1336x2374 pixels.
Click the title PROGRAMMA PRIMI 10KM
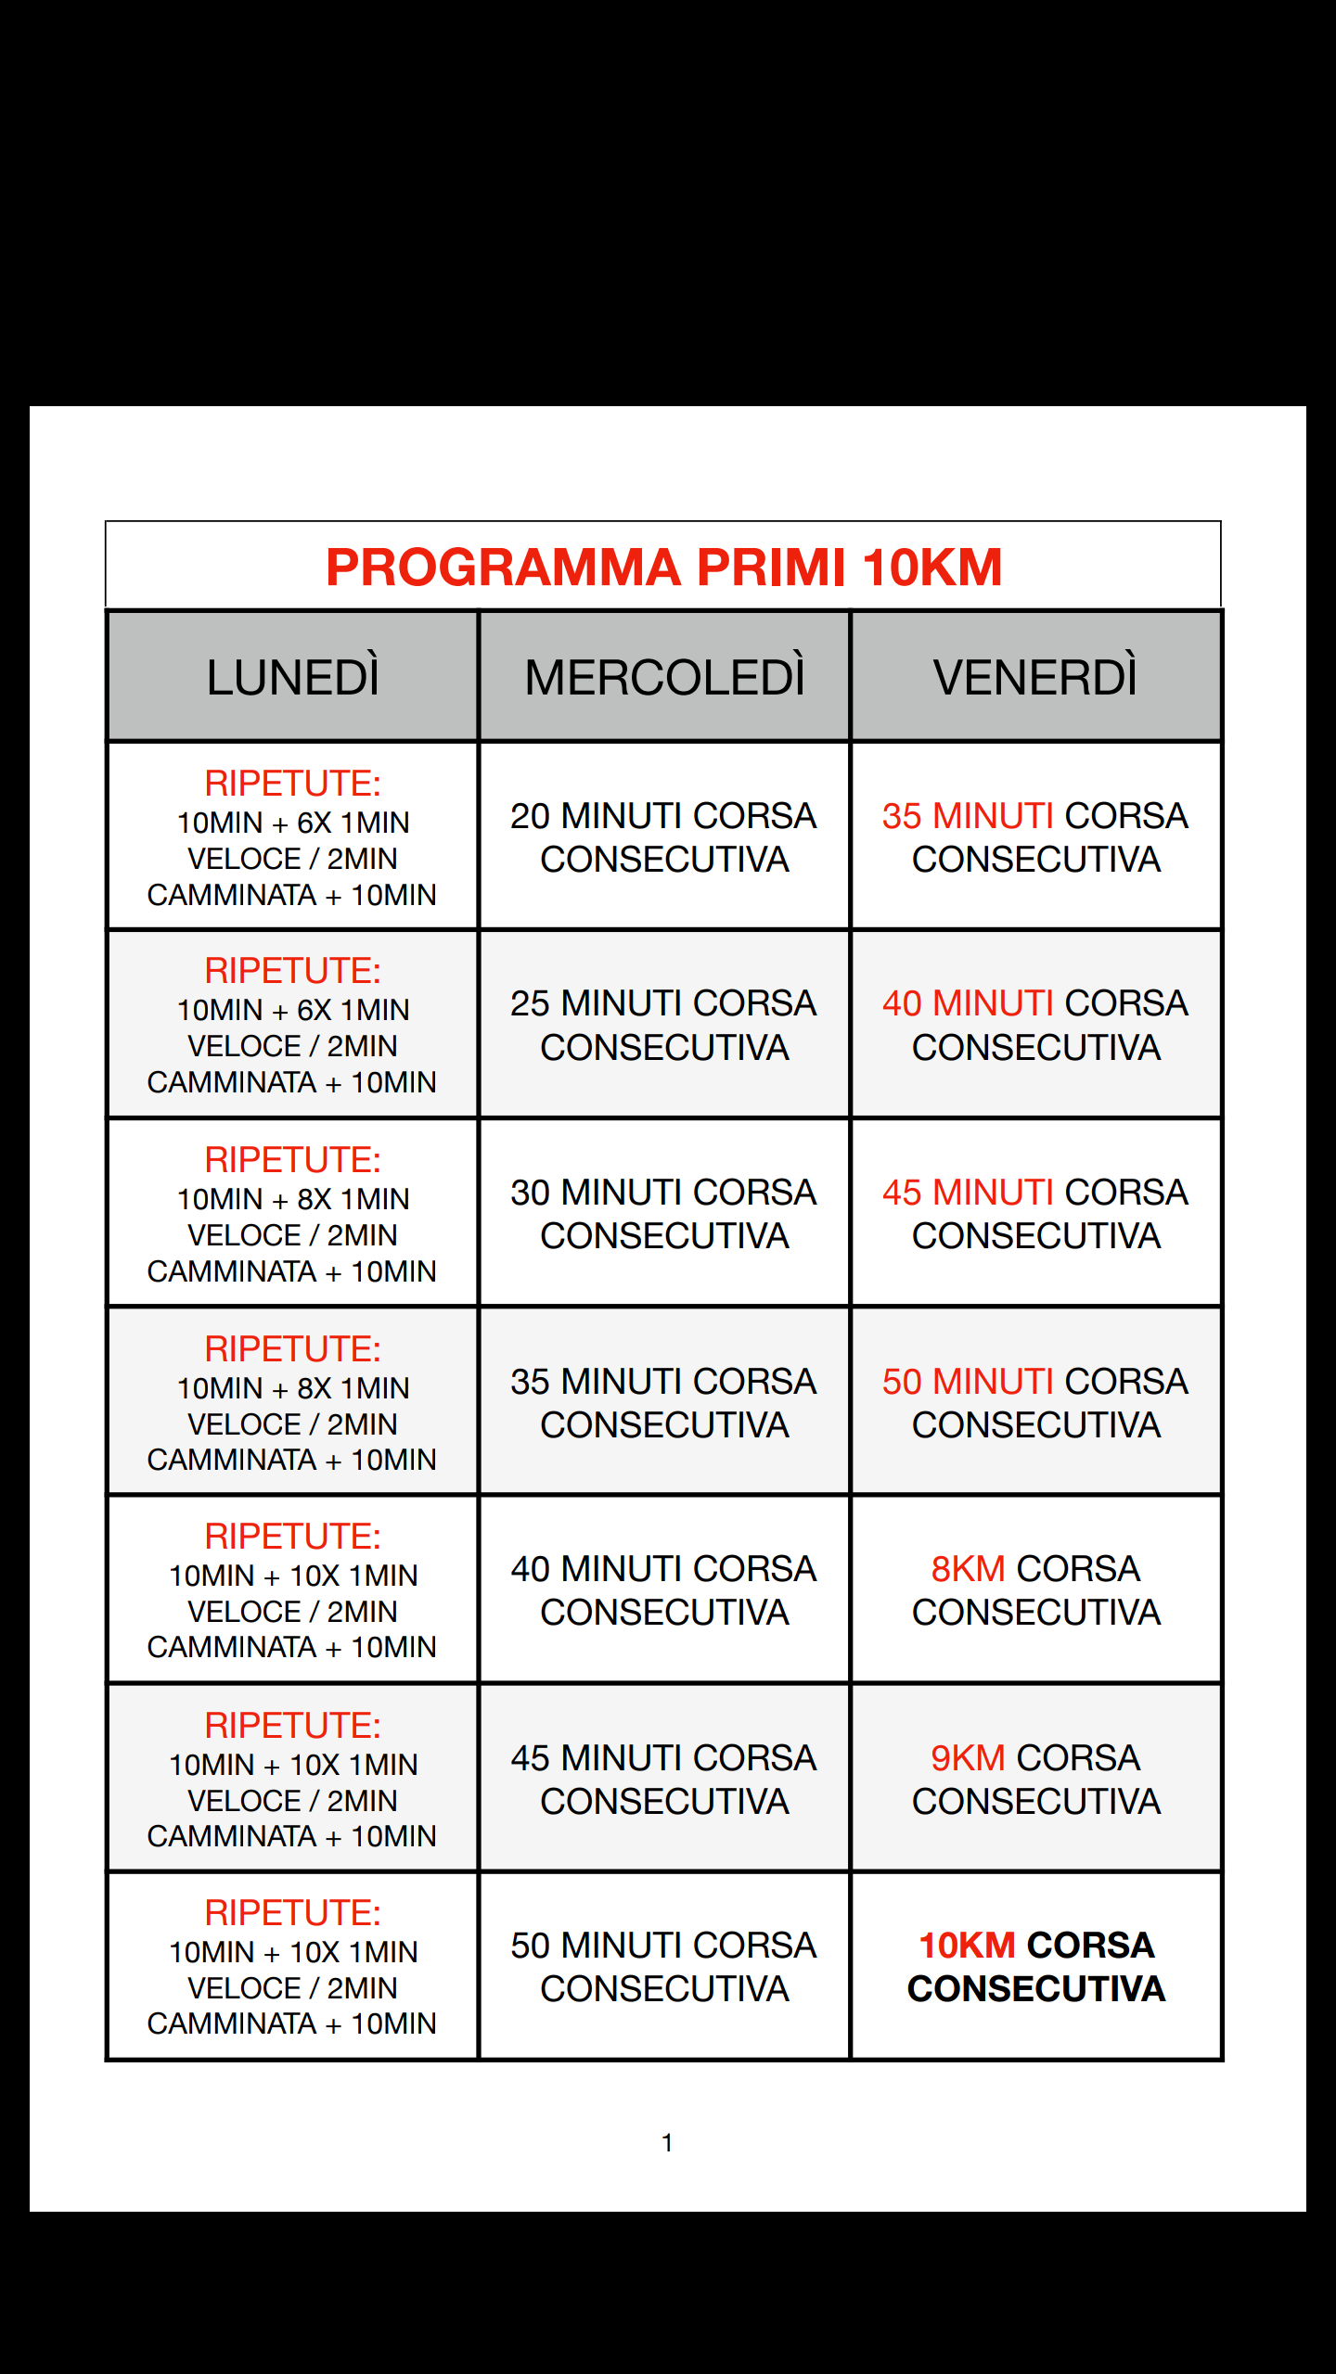663,568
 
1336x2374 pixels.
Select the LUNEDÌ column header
292,677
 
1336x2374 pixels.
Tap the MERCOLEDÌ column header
664,677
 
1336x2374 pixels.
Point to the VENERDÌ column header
1035,677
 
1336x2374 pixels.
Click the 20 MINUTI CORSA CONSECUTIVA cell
664,837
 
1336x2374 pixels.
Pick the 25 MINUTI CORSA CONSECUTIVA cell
664,1025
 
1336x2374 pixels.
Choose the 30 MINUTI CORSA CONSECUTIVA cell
664,1214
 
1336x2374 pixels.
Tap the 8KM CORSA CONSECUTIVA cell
1035,1590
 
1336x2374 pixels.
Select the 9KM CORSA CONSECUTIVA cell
1035,1780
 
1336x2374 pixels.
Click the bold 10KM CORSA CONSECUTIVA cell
1035,1967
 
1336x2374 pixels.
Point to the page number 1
667,2142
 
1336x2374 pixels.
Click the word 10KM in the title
931,568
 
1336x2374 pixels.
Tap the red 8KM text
968,1569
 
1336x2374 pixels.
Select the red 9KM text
968,1758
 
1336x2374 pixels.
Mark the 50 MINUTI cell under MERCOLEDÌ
664,1967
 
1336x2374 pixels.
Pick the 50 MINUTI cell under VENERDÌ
1035,1403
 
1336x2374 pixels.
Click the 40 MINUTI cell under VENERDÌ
1035,1025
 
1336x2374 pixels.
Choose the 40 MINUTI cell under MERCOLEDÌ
664,1590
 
